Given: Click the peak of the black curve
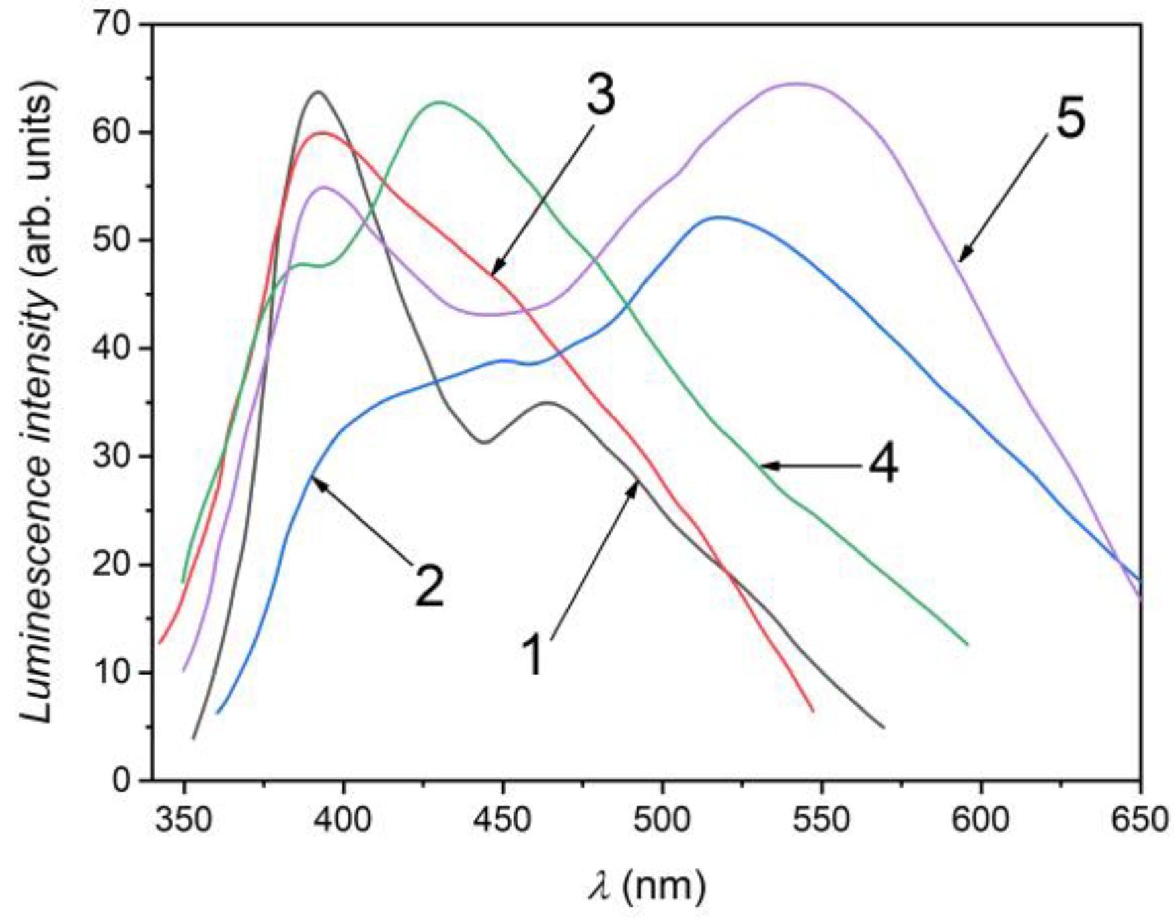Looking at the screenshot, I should pyautogui.click(x=318, y=91).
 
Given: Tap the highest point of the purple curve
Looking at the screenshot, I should pyautogui.click(x=797, y=84).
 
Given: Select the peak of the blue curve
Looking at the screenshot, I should pyautogui.click(x=719, y=217).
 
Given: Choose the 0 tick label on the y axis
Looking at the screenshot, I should pyautogui.click(x=123, y=781).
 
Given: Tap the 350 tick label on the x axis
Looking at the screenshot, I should pyautogui.click(x=184, y=818).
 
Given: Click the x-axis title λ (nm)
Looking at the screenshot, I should pyautogui.click(x=647, y=886).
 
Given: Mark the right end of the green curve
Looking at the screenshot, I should pyautogui.click(x=967, y=644).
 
